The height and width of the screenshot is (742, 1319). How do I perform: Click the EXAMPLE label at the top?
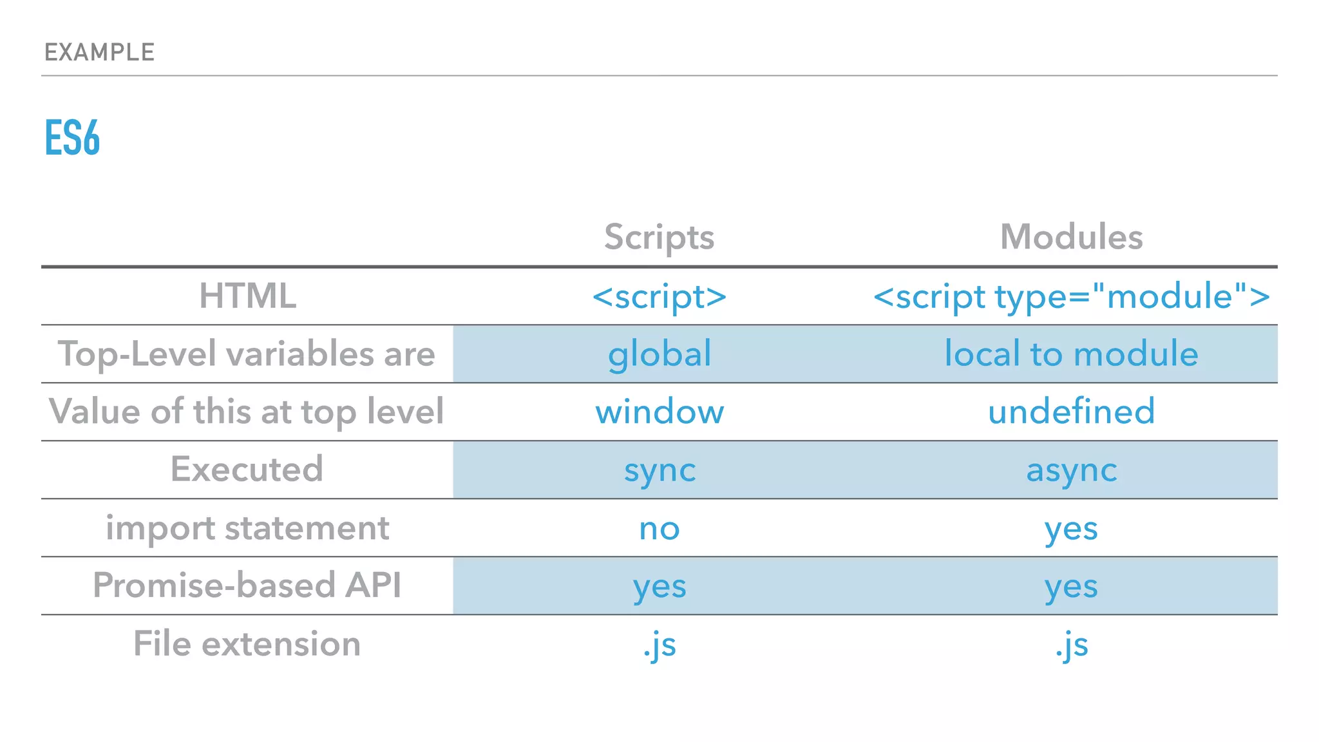coord(99,52)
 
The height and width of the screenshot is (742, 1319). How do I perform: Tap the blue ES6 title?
coord(72,138)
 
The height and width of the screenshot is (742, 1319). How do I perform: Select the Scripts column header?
coord(659,237)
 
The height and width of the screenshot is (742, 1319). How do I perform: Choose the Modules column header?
coord(1071,237)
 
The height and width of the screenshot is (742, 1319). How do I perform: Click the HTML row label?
coord(247,296)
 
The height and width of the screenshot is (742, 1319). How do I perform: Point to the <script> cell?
coord(659,296)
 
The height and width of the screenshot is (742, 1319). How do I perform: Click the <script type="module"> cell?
coord(1071,296)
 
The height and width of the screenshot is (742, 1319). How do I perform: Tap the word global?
coord(659,354)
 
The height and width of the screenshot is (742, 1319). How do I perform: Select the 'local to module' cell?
coord(1071,354)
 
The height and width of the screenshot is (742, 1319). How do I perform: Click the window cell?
coord(659,412)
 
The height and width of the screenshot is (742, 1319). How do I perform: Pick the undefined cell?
coord(1071,412)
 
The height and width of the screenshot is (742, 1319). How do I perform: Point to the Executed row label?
coord(247,469)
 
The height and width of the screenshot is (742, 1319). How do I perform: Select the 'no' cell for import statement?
coord(659,529)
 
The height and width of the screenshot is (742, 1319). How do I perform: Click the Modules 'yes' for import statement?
coord(1071,529)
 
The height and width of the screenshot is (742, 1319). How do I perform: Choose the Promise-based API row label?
coord(247,585)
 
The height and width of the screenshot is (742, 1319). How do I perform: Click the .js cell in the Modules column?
coord(1071,645)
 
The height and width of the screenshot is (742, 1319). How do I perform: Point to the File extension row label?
coord(247,643)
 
